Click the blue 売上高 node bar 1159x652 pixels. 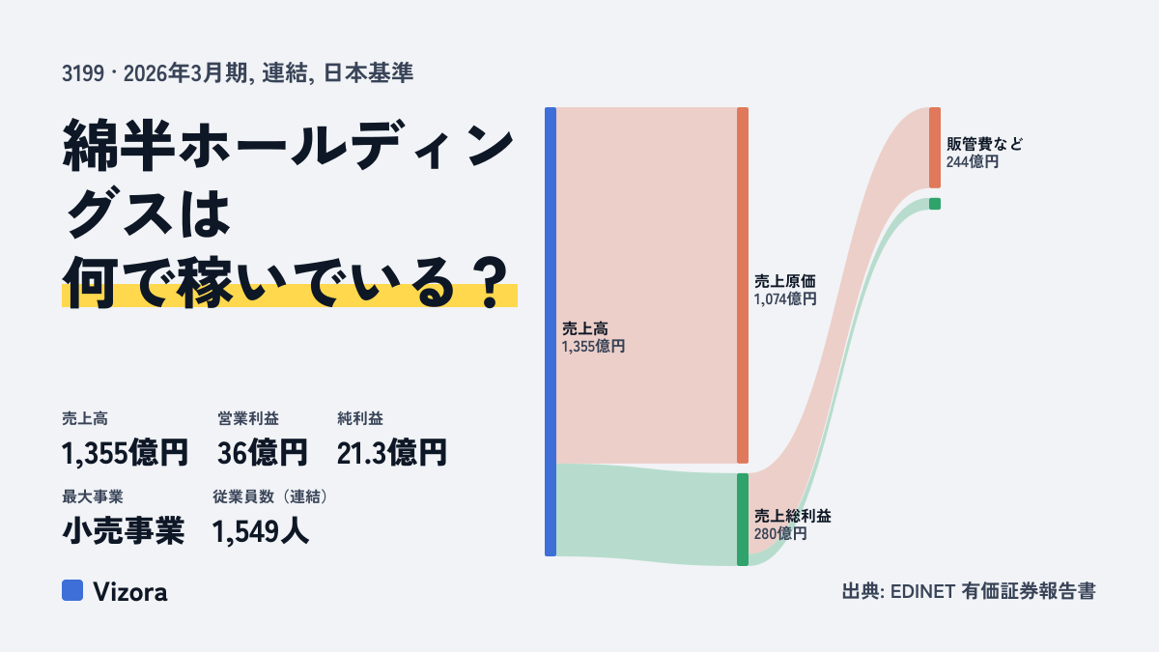coord(551,331)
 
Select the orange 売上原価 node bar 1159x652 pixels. coord(743,285)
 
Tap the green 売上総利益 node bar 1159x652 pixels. coord(743,520)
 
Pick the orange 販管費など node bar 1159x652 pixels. coord(935,148)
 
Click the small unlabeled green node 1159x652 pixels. coord(935,204)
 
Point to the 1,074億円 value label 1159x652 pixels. coord(785,299)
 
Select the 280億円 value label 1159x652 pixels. coord(780,533)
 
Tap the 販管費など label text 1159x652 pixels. coord(984,144)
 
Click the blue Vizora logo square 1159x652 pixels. coord(72,590)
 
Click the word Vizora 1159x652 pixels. coord(130,592)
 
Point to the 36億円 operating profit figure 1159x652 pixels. coord(263,453)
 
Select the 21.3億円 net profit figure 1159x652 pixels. coord(392,453)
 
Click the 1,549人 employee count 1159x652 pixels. coord(261,531)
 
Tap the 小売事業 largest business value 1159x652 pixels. coord(124,531)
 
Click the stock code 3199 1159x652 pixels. coord(83,73)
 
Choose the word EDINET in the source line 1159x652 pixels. coord(922,591)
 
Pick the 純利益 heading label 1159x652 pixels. coord(360,418)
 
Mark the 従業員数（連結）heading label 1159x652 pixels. coord(271,496)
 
